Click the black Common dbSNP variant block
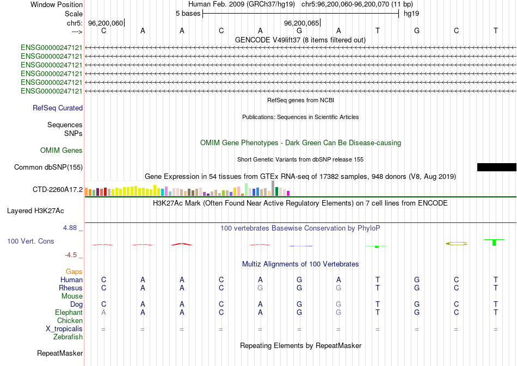click(496, 167)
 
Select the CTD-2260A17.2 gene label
click(58, 190)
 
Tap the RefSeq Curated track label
click(58, 108)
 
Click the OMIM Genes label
click(61, 150)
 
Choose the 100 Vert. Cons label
click(30, 241)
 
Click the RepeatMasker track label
click(60, 353)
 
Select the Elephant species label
click(69, 313)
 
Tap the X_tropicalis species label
click(64, 329)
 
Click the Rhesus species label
click(71, 288)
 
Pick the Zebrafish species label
click(68, 337)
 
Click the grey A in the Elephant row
click(104, 313)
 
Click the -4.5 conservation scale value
click(72, 255)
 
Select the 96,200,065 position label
click(301, 23)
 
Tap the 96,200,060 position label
click(106, 23)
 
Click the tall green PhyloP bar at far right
click(494, 241)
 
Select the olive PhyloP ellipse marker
click(456, 243)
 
